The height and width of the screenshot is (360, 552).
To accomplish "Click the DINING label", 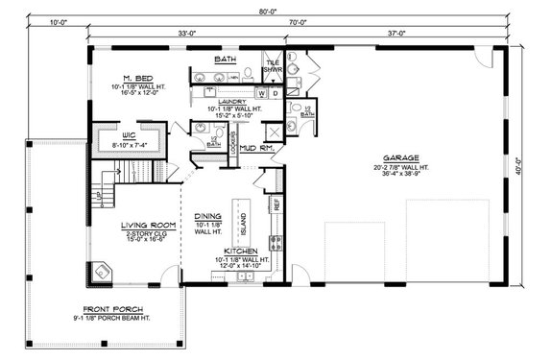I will point(208,216).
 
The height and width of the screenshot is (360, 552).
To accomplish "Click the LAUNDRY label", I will point(231,101).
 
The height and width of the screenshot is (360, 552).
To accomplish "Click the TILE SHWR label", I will point(274,66).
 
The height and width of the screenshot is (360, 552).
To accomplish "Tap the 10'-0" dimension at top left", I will point(58,19).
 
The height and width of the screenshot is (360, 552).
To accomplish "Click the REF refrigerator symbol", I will point(277,204).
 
